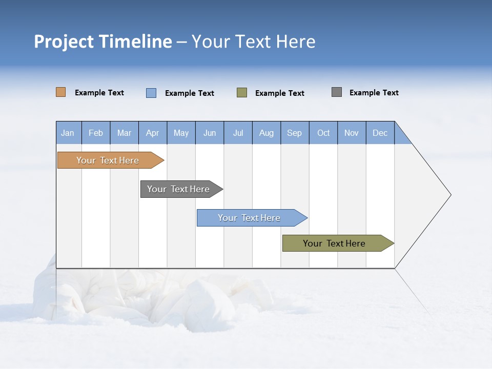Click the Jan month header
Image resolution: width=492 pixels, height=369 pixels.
click(68, 133)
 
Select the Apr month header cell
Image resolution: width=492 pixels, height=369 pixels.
click(152, 133)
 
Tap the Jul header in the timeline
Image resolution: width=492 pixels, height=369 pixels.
click(238, 133)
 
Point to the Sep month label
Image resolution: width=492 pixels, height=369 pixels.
click(294, 133)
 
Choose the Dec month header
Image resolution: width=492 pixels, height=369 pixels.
click(380, 133)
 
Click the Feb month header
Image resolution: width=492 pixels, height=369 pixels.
click(96, 133)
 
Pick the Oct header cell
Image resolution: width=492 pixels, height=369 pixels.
click(323, 133)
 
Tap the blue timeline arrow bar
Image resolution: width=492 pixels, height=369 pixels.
click(250, 218)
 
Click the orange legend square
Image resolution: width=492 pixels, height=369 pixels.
click(60, 92)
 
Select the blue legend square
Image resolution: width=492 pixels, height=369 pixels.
click(151, 93)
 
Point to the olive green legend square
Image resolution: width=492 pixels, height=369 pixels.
click(241, 93)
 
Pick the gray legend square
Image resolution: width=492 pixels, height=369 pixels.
click(336, 92)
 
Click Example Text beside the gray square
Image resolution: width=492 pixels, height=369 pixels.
click(374, 93)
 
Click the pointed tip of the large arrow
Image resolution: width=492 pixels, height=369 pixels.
click(449, 195)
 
